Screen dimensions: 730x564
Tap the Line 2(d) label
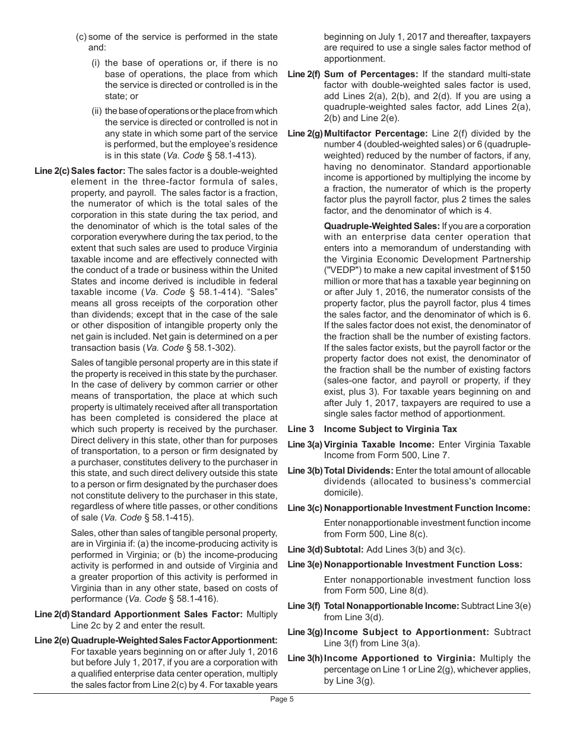point(52,614)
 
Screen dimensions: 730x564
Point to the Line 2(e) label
point(52,640)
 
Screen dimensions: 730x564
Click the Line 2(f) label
point(304,74)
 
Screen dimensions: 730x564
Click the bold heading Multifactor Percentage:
point(376,134)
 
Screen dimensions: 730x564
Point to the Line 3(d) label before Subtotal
point(305,550)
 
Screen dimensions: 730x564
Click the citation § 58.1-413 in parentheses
point(230,156)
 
